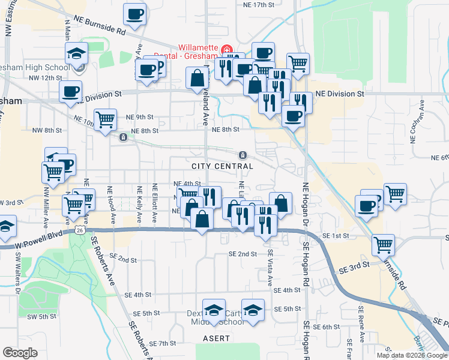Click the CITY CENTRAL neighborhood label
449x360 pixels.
click(x=222, y=166)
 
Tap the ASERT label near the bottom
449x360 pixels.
click(x=216, y=338)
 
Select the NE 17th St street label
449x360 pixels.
click(x=258, y=4)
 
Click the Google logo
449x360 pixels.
click(x=20, y=353)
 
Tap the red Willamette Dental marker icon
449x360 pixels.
click(x=226, y=49)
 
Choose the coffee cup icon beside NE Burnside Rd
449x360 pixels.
click(x=135, y=14)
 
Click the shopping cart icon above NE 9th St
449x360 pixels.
click(x=105, y=119)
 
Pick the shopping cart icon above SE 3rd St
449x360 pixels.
click(x=383, y=244)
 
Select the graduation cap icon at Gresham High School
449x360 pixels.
click(x=76, y=53)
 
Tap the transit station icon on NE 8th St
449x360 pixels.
click(x=123, y=137)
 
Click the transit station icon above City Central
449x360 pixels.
click(x=244, y=154)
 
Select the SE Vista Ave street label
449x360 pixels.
click(x=270, y=267)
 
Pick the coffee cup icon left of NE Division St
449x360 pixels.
click(x=70, y=92)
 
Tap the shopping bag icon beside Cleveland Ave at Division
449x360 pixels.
click(x=197, y=77)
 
